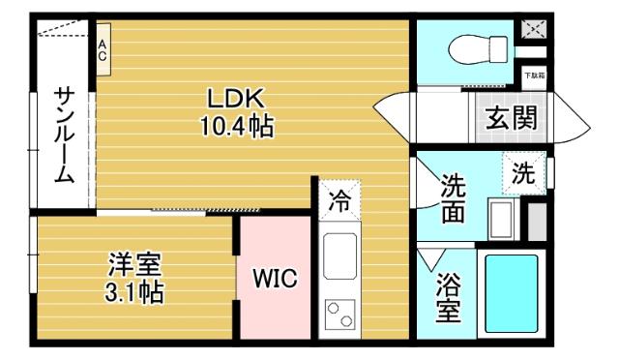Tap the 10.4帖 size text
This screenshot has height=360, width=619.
click(236, 126)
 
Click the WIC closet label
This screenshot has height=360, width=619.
click(275, 279)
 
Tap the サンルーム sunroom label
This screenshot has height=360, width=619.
click(64, 135)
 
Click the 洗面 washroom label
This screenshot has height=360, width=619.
click(453, 198)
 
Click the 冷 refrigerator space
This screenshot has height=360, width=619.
click(339, 202)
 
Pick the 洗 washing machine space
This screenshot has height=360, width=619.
click(522, 175)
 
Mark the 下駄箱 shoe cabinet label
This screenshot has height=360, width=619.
click(534, 75)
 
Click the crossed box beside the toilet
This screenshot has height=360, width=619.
click(534, 30)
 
